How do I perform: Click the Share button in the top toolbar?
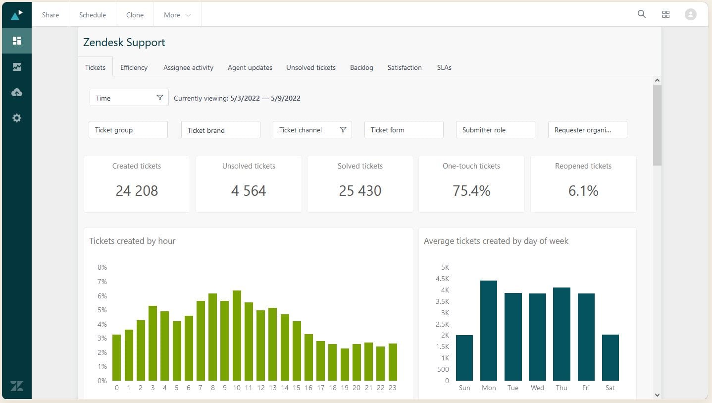coord(51,15)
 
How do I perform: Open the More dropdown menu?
coord(177,15)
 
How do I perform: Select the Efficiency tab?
coord(134,67)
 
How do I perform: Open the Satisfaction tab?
coord(405,67)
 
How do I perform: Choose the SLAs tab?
coord(444,67)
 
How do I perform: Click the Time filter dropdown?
coord(129,98)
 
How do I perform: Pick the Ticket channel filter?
coord(312,130)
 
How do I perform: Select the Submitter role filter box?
coord(495,130)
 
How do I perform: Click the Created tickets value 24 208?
coord(137,191)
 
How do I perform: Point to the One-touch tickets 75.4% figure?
coord(471,191)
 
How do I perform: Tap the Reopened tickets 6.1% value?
coord(583,191)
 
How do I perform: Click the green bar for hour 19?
coord(345,364)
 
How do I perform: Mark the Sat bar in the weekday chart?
coord(610,357)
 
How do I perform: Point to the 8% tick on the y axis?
coord(102,267)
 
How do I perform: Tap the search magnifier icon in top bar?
coord(641,14)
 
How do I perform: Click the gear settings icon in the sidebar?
coord(17,118)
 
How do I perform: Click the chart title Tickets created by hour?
coord(132,241)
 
